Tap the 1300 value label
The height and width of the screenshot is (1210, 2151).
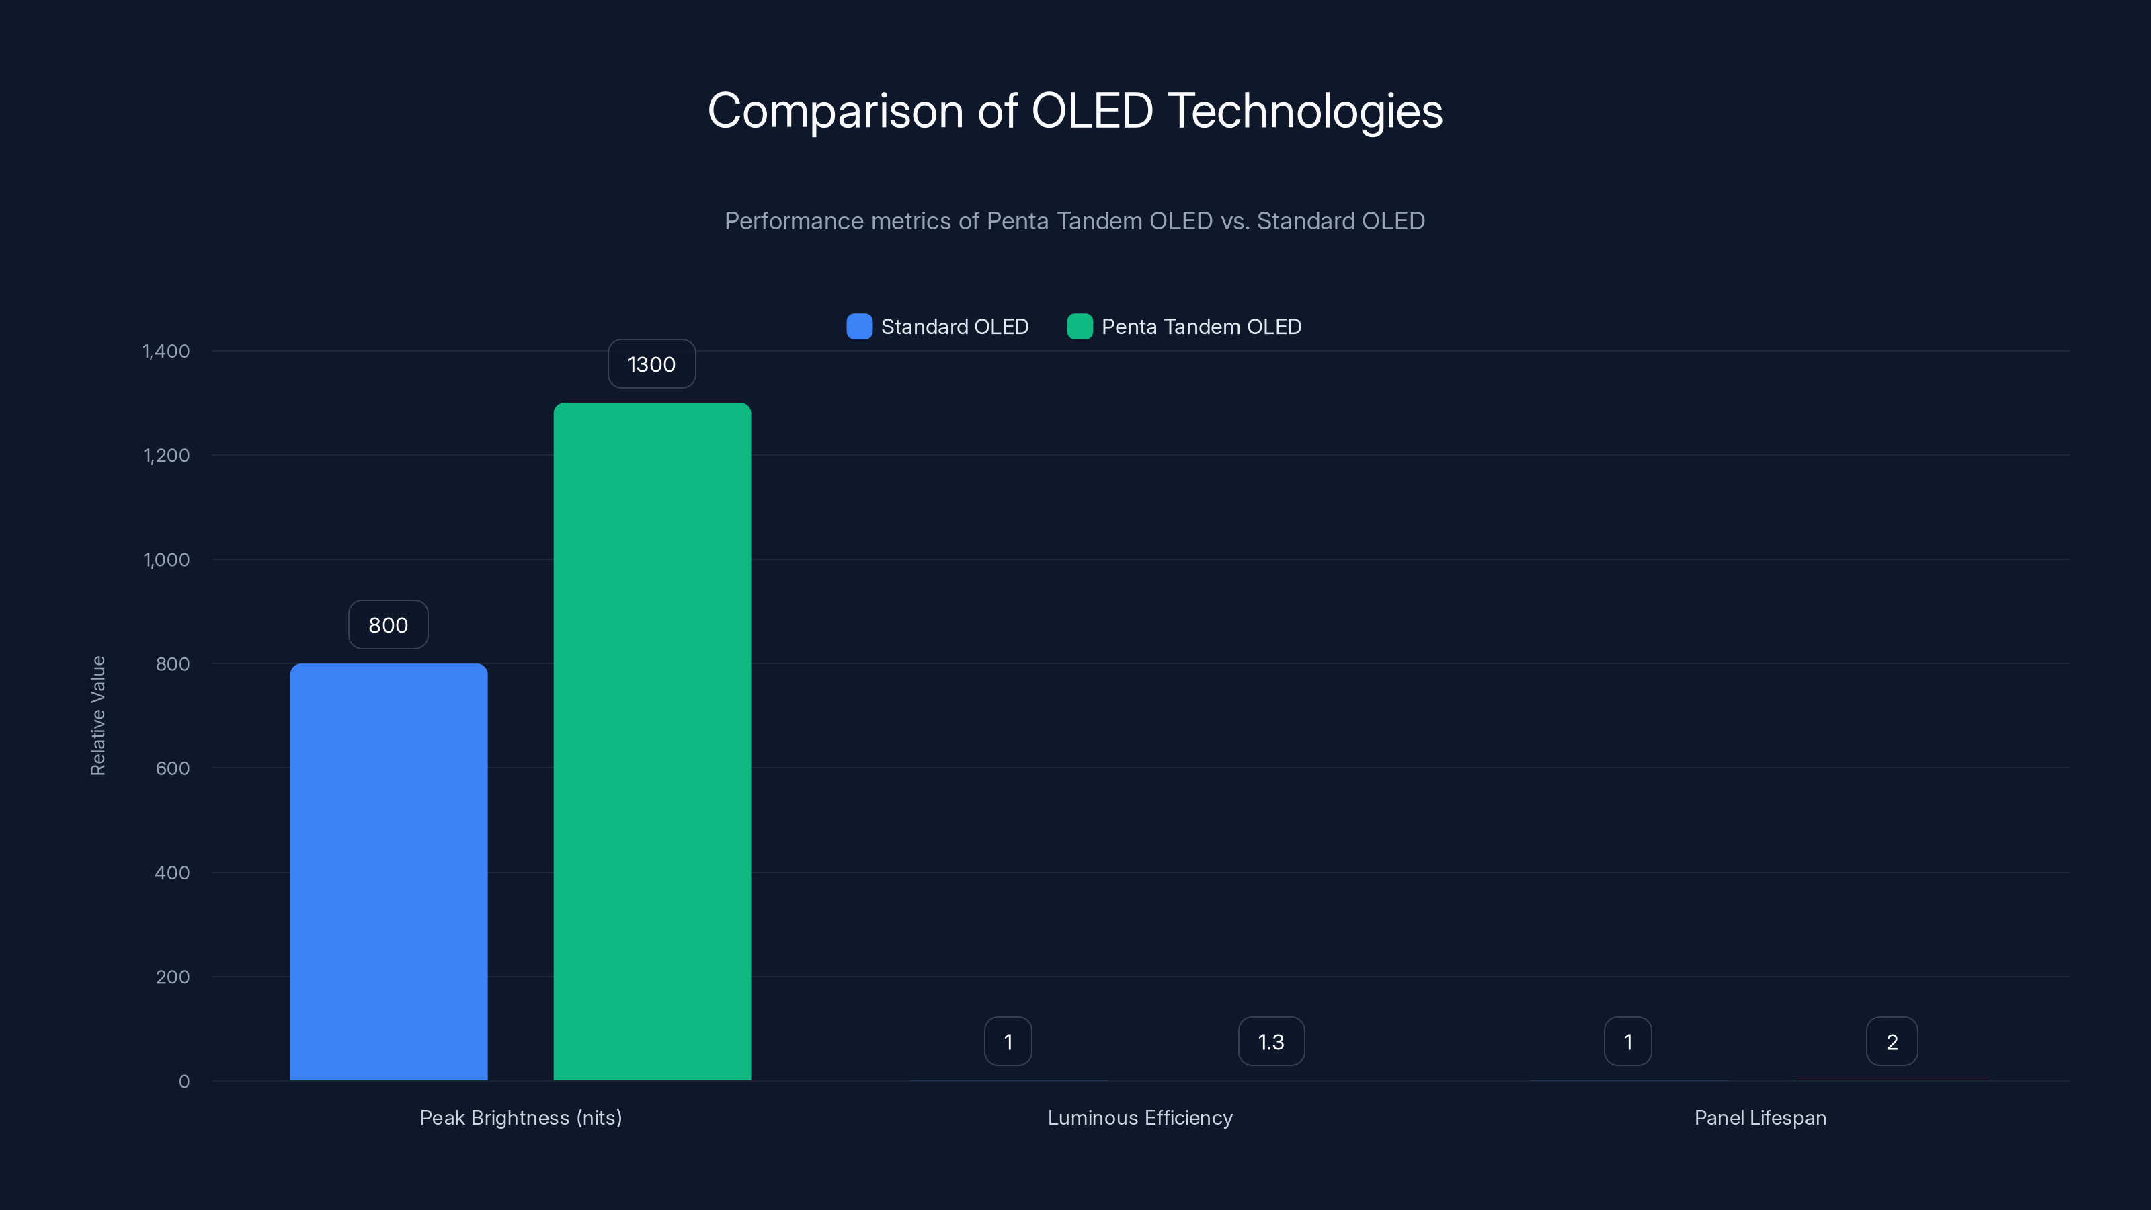651,364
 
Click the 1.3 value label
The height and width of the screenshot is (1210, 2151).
1271,1041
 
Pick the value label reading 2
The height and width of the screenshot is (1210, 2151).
1892,1041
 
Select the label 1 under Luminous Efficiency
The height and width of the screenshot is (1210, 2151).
1008,1041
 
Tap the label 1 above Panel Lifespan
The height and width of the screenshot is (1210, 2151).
1627,1041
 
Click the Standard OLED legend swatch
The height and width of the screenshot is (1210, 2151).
859,327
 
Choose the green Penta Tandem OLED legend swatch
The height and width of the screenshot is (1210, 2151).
1080,327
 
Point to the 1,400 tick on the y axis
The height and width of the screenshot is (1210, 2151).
165,351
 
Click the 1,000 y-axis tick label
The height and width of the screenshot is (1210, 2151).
165,559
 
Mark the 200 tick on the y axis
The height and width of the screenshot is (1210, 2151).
172,977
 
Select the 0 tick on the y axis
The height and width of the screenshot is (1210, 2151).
184,1082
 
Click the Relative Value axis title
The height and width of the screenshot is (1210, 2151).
97,716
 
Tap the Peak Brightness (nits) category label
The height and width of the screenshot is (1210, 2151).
520,1117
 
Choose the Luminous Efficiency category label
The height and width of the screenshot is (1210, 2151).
1140,1117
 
